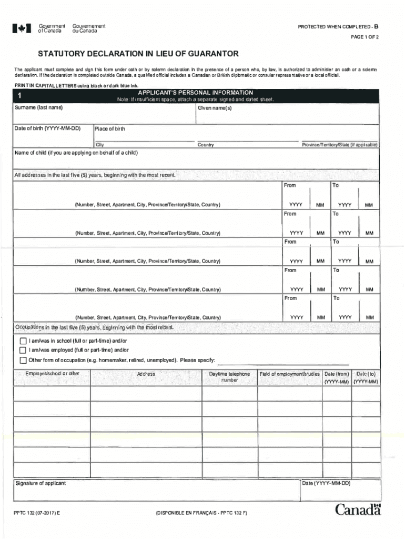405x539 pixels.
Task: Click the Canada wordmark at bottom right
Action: (x=358, y=509)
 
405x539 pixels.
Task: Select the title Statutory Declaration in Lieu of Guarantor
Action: (x=138, y=54)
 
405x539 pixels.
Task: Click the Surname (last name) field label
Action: (x=38, y=108)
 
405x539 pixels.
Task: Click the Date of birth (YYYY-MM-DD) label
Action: (x=47, y=128)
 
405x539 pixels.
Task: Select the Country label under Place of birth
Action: (x=206, y=145)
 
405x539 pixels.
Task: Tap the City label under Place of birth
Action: (x=100, y=145)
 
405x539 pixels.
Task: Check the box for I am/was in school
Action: (x=23, y=341)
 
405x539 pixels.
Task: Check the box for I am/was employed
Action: (x=23, y=350)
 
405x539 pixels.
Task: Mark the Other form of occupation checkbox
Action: (x=23, y=360)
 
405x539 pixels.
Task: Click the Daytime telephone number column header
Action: (x=229, y=376)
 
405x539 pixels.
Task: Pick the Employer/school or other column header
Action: (x=52, y=373)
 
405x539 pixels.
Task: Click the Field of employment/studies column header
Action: (x=289, y=373)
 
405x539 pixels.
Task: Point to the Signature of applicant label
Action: (x=41, y=483)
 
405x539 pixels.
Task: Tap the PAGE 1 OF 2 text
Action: (x=365, y=37)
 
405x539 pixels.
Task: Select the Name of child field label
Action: (x=76, y=153)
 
